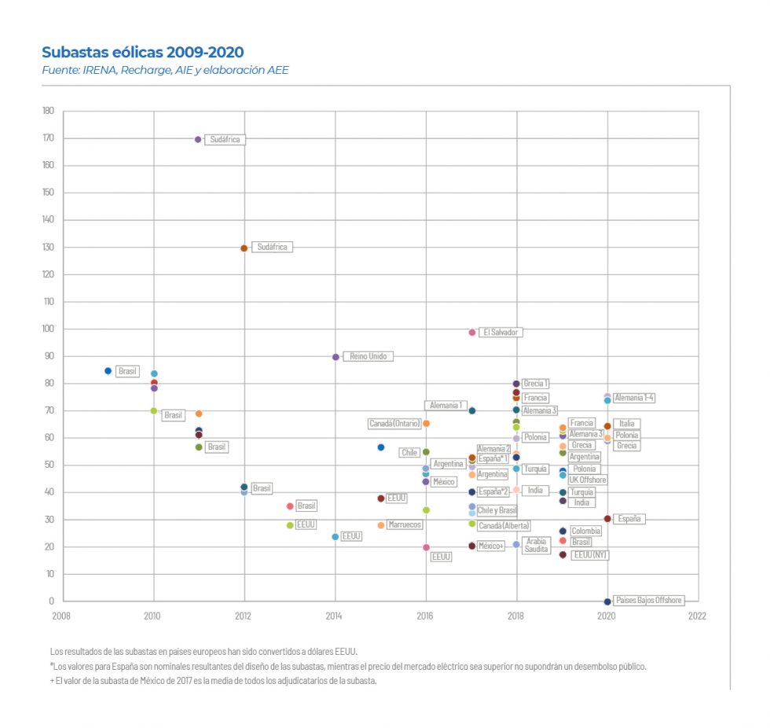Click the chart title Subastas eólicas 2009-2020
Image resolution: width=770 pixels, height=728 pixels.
(x=142, y=52)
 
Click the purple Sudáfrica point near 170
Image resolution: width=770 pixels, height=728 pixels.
(x=198, y=139)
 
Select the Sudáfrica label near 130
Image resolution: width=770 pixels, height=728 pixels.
(x=273, y=247)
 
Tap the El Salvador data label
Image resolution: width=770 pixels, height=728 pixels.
(x=500, y=333)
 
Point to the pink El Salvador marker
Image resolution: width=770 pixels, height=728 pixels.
(x=472, y=333)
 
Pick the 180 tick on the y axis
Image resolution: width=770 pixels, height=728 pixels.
(x=49, y=111)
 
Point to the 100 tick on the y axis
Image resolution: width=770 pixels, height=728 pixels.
(x=49, y=329)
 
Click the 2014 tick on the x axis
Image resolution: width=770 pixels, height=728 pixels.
(x=335, y=616)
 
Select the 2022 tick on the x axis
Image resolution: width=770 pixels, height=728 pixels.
(x=697, y=616)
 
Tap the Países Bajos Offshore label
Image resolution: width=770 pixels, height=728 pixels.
(x=648, y=600)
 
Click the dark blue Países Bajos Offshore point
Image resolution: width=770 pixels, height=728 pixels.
(x=607, y=601)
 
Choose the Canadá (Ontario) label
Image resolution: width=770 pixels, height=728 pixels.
(x=394, y=424)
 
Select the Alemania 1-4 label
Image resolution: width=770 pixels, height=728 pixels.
(x=634, y=398)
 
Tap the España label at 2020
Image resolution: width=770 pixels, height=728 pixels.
(x=629, y=519)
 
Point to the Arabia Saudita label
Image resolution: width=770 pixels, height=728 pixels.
(x=537, y=545)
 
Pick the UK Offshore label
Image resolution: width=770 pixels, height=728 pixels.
(x=588, y=480)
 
